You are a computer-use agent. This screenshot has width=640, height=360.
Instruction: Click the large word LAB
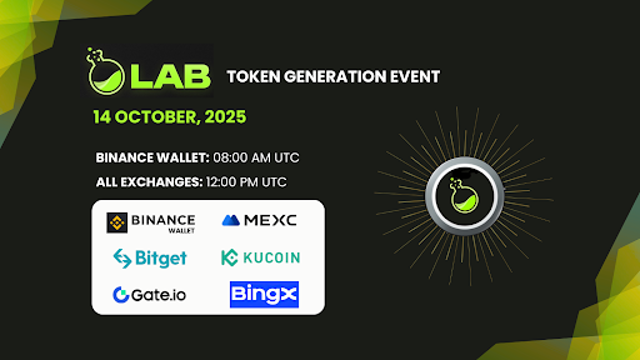pyautogui.click(x=171, y=74)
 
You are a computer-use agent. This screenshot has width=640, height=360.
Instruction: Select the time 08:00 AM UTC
pyautogui.click(x=256, y=158)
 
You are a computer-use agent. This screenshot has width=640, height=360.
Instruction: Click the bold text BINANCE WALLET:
pyautogui.click(x=152, y=158)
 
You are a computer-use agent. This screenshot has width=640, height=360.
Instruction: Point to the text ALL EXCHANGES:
pyautogui.click(x=149, y=182)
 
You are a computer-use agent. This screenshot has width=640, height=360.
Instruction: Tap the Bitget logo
pyautogui.click(x=150, y=258)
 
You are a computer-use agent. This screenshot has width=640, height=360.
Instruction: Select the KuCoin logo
pyautogui.click(x=260, y=258)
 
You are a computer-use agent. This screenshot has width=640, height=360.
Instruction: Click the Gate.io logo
pyautogui.click(x=150, y=294)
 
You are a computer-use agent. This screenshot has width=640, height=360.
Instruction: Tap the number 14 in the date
pyautogui.click(x=103, y=117)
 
